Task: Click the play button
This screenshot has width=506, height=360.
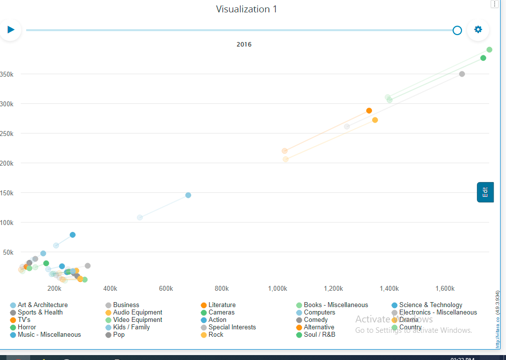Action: coord(10,30)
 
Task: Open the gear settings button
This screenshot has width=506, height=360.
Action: coord(478,30)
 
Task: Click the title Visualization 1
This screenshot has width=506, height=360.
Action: coord(246,9)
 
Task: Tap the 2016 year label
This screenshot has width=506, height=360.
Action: coord(244,45)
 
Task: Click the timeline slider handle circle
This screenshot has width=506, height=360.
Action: coord(457,31)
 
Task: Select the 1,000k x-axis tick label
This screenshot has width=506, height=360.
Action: coord(278,288)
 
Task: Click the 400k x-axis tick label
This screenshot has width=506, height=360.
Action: coord(110,288)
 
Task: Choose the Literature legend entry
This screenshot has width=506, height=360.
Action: coord(221,305)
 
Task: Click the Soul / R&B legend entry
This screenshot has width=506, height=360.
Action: coord(319,335)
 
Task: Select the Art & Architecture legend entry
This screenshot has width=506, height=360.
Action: coord(42,305)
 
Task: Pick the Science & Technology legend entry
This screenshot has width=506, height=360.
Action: coord(430,305)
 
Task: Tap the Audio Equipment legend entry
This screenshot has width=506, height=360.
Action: coord(137,313)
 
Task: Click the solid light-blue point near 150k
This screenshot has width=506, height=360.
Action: coord(188,195)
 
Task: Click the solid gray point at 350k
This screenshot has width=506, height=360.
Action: coord(462,74)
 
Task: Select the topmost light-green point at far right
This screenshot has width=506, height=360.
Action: coord(489,49)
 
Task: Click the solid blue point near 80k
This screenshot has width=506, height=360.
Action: coord(73,235)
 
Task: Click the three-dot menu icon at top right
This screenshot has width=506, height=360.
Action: coord(495,4)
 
